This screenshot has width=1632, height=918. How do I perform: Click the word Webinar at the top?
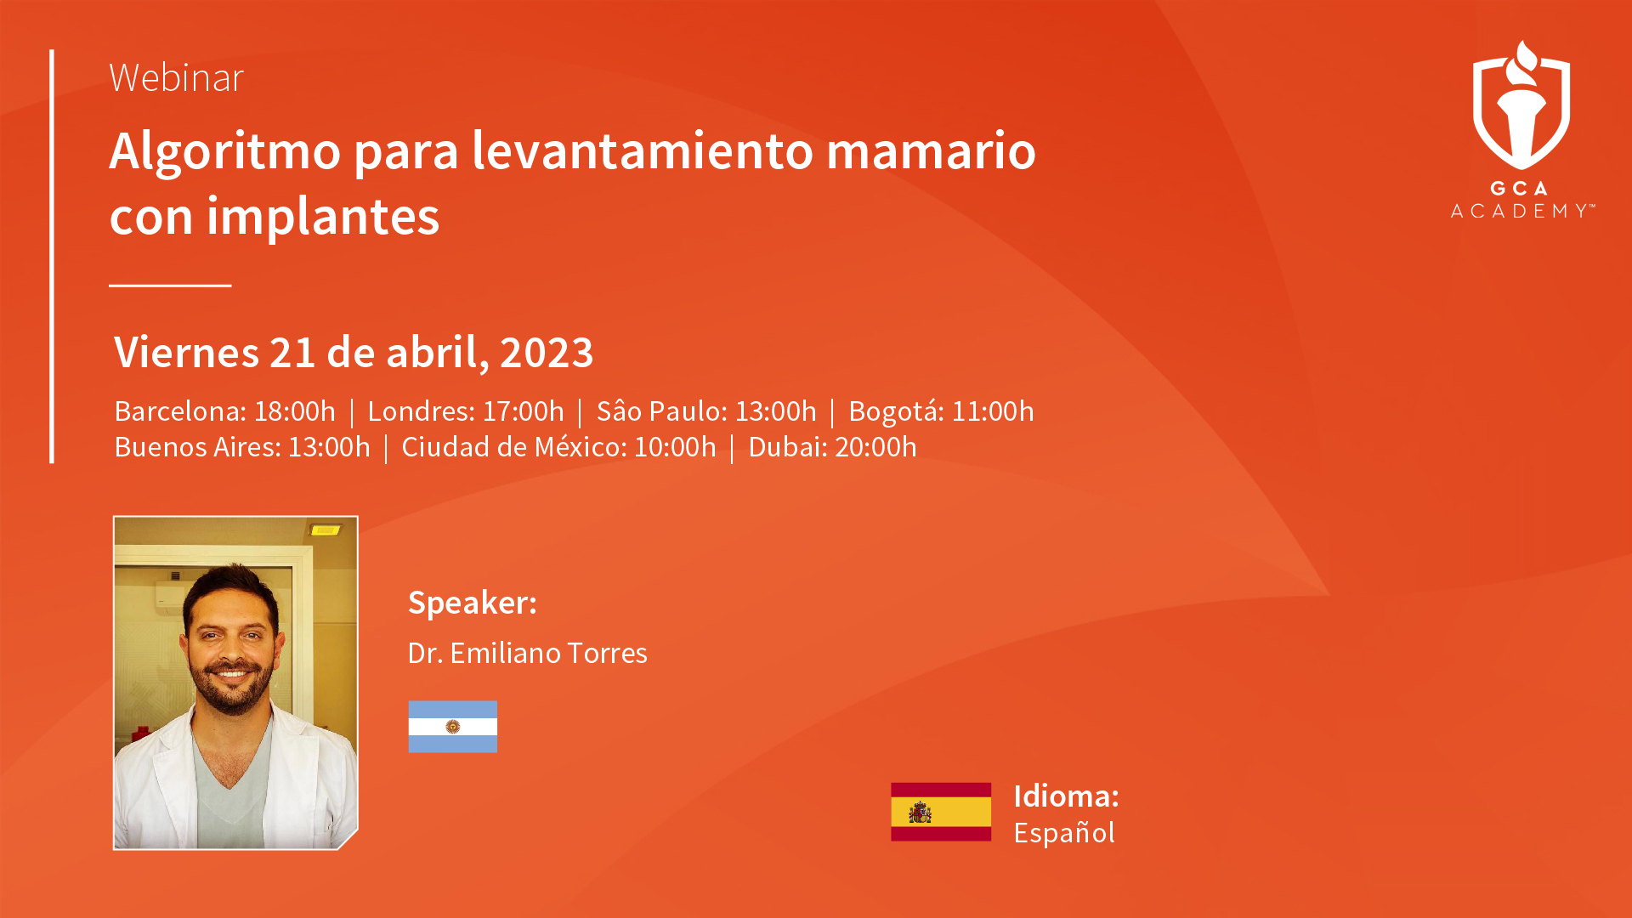tap(177, 77)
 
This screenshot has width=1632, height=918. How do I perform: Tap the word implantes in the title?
tap(323, 218)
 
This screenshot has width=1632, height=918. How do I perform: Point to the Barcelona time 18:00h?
tap(295, 411)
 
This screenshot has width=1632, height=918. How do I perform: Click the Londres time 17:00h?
tap(523, 411)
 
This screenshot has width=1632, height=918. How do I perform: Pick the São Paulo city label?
tap(661, 411)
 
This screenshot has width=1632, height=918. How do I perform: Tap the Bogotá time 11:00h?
tap(993, 411)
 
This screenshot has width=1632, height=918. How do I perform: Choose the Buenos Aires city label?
tap(197, 447)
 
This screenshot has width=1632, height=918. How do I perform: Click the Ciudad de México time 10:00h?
tap(675, 447)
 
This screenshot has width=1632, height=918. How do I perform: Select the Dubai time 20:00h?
tap(875, 447)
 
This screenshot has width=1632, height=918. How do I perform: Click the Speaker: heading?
tap(473, 603)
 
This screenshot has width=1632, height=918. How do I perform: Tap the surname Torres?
tap(607, 654)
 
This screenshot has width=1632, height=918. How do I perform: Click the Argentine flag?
tap(453, 727)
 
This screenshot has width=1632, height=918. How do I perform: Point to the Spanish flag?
tap(941, 812)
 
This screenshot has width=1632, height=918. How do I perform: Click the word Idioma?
tap(1066, 796)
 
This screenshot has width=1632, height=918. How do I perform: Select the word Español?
tap(1064, 833)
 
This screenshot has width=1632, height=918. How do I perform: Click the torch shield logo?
tap(1521, 105)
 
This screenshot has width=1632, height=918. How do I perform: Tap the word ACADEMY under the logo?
tap(1520, 211)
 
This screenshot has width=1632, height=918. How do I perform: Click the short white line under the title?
tap(170, 286)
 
